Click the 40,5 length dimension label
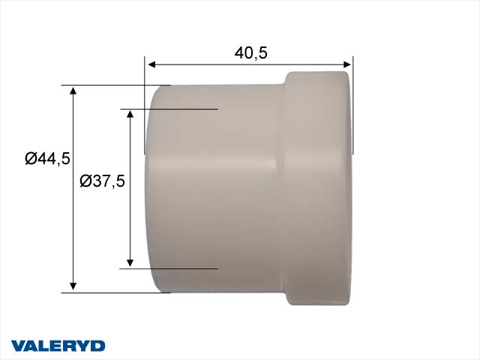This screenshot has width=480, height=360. point(251,52)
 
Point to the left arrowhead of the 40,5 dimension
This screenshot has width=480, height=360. point(149,65)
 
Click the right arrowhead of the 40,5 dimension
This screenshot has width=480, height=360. point(347,65)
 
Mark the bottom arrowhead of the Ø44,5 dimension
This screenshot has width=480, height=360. point(73,286)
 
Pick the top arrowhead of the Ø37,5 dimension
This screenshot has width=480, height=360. point(130,114)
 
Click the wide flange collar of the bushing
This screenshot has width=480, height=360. point(317,187)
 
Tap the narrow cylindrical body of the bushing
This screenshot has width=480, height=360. point(217,187)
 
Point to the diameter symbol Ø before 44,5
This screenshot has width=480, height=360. point(31,158)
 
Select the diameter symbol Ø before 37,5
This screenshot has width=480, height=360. point(85,181)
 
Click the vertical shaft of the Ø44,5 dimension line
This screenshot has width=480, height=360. point(73,225)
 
